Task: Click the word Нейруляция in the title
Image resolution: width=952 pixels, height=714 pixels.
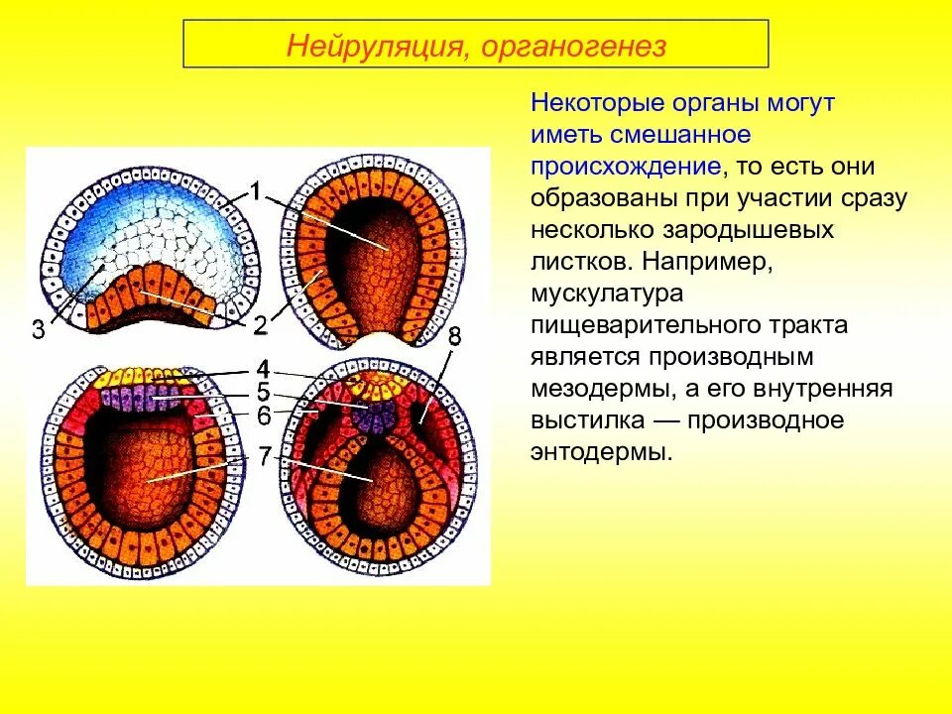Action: pyautogui.click(x=366, y=47)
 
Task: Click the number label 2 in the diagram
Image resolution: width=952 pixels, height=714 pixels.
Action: pyautogui.click(x=259, y=324)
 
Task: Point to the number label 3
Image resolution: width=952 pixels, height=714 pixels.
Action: pyautogui.click(x=38, y=330)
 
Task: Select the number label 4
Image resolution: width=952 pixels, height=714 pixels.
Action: pyautogui.click(x=263, y=368)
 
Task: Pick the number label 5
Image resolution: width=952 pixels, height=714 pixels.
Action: pyautogui.click(x=263, y=391)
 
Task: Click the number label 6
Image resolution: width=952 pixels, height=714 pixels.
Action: pyautogui.click(x=263, y=416)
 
